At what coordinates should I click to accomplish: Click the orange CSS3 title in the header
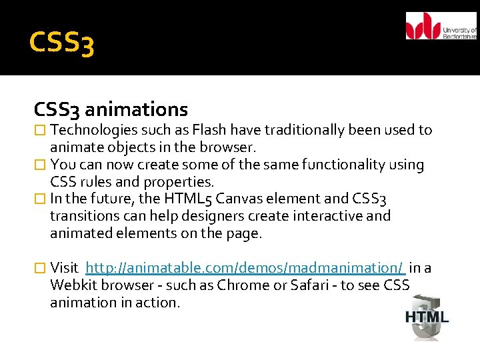62,43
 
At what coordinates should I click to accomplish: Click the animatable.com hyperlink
245,268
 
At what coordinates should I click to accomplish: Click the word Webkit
72,285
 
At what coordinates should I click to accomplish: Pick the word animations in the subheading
137,109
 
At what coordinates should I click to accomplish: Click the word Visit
64,268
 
